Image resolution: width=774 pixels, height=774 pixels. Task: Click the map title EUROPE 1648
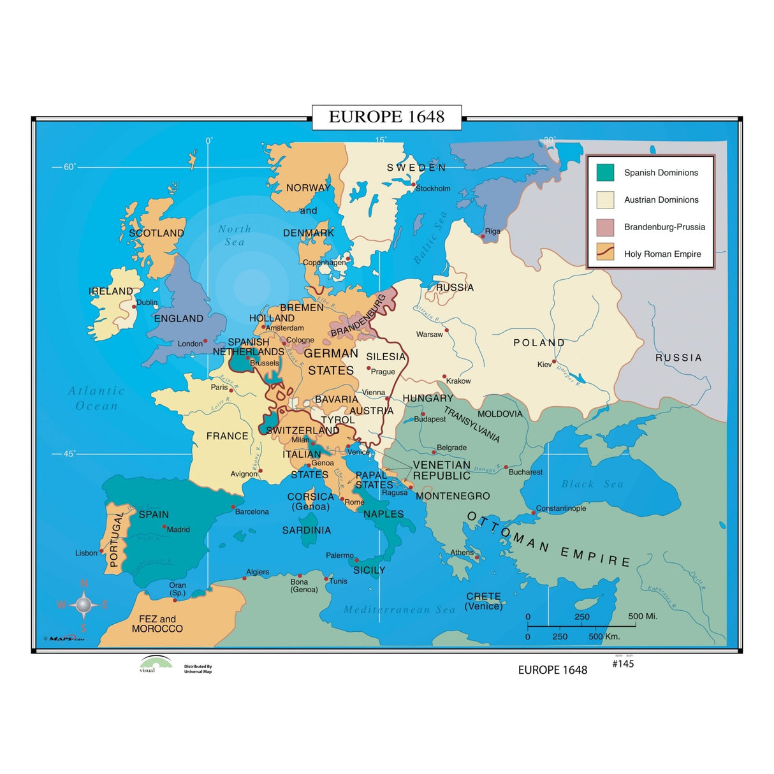point(386,117)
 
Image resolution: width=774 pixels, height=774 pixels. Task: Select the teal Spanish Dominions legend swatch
point(605,173)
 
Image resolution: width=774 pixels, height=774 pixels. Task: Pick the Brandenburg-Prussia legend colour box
point(605,227)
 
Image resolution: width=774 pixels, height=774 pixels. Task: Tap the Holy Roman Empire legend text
point(662,254)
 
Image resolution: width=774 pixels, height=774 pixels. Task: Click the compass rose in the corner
point(84,604)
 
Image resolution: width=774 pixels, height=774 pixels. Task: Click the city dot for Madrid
point(164,527)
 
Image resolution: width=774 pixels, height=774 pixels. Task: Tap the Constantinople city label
point(560,508)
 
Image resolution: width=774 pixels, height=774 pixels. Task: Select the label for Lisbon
point(86,553)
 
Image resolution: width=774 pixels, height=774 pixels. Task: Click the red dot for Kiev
point(554,361)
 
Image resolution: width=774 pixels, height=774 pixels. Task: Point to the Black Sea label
point(592,484)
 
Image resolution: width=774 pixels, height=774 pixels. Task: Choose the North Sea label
point(234,235)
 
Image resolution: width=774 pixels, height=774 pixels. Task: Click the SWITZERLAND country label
point(302,430)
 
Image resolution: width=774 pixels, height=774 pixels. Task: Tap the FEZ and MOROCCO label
point(157,624)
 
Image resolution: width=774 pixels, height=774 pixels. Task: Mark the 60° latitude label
point(69,167)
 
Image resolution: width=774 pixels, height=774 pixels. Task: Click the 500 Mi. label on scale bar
point(642,616)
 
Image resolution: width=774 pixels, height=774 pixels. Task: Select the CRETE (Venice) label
point(483,601)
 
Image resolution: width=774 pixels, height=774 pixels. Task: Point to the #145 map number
point(623,664)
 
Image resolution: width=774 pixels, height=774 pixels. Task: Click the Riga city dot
point(483,237)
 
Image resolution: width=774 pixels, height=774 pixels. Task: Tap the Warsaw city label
point(429,334)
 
